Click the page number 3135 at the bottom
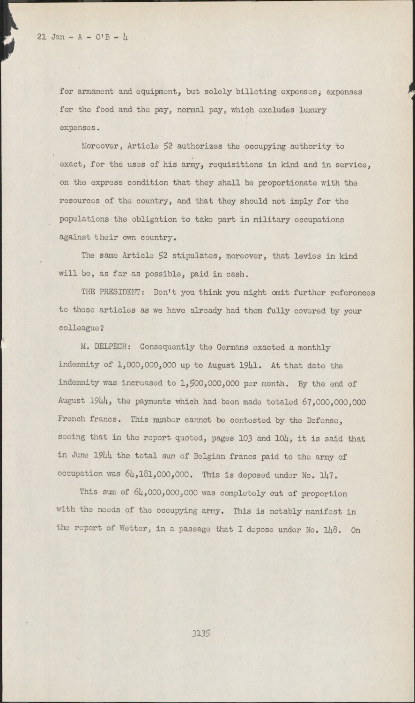200,633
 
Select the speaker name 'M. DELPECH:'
108,347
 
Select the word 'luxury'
312,110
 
